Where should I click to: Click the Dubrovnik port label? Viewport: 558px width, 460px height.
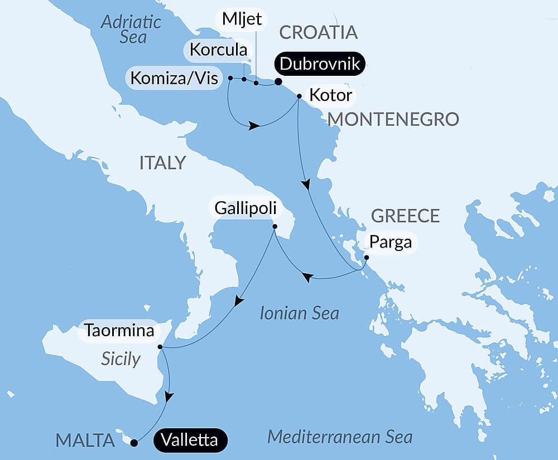[x=319, y=64]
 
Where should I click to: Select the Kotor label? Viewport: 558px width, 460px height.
[x=330, y=96]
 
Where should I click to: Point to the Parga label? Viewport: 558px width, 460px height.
[x=390, y=243]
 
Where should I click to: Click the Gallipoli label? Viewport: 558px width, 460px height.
[x=244, y=209]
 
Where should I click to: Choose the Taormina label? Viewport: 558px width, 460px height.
[x=119, y=331]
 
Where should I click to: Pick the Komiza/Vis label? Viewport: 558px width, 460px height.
[x=175, y=78]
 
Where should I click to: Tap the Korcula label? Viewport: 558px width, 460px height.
[x=218, y=50]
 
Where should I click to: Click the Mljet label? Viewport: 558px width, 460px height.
[x=242, y=18]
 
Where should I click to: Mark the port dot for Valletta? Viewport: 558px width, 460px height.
[x=134, y=443]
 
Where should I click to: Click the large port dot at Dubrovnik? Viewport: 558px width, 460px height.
[x=278, y=83]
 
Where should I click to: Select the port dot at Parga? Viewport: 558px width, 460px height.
[x=366, y=258]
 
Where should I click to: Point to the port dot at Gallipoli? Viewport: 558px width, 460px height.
[x=275, y=226]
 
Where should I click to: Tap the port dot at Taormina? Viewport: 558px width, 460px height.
[x=160, y=347]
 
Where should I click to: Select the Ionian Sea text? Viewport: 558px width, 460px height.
[x=299, y=313]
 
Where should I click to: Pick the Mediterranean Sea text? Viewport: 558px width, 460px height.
[x=339, y=437]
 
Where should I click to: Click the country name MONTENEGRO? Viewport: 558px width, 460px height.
[x=393, y=119]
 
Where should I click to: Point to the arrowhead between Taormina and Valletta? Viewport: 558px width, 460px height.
[x=169, y=396]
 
